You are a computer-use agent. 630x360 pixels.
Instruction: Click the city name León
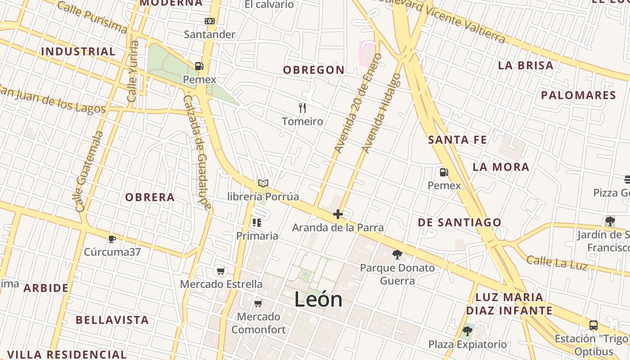(318, 299)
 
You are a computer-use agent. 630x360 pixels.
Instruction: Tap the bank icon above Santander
(210, 21)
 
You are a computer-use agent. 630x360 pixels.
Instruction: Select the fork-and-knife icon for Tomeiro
(302, 108)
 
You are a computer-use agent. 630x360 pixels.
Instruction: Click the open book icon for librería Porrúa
(263, 183)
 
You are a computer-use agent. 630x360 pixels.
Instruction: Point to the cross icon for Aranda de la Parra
(338, 214)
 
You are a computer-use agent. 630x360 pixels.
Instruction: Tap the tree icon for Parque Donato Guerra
(397, 255)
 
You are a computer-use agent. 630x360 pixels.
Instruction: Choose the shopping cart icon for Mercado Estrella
(220, 270)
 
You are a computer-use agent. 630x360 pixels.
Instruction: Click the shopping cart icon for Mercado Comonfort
(258, 303)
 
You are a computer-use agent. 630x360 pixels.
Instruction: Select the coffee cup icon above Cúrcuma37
(112, 238)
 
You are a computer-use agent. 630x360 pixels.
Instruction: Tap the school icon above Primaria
(257, 222)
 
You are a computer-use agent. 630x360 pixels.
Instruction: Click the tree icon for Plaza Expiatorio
(467, 332)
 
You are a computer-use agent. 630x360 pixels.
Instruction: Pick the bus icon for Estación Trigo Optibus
(594, 325)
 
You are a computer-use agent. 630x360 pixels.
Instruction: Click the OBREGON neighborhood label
(314, 70)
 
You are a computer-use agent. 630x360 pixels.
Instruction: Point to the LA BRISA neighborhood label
(526, 65)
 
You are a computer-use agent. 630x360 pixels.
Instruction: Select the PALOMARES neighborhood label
(578, 95)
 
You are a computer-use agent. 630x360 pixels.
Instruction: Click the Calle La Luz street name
(557, 263)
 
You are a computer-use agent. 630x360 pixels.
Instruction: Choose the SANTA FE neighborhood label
(457, 139)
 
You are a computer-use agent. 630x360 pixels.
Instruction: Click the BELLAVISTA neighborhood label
(112, 320)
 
